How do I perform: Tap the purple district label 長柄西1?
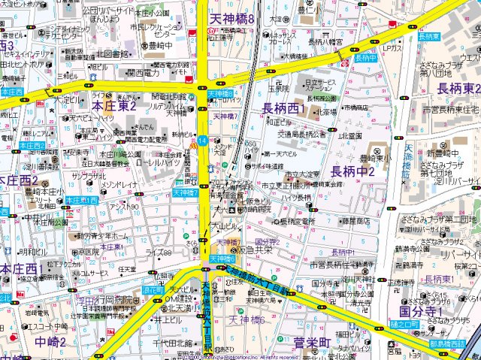283,110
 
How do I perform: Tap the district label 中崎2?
50,343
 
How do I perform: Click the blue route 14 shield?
204,141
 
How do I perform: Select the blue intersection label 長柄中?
366,58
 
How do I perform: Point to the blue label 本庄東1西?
81,201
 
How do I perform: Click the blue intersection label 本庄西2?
32,145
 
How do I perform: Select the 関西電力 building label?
146,74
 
